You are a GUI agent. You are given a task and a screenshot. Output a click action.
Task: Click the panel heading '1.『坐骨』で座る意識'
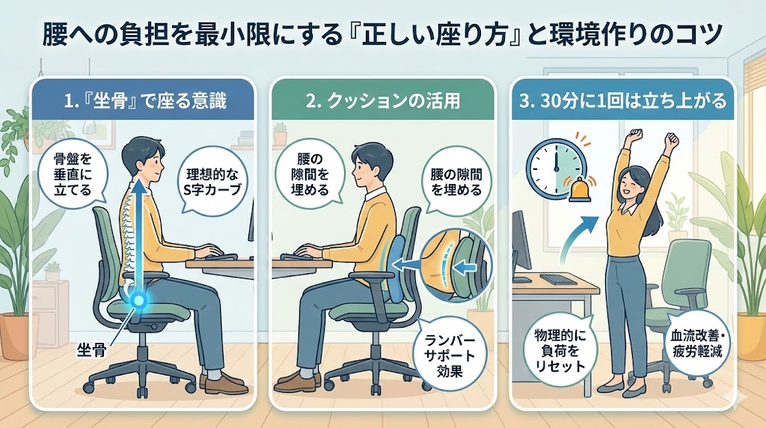point(145,101)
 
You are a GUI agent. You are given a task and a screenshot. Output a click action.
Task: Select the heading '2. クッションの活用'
point(383,101)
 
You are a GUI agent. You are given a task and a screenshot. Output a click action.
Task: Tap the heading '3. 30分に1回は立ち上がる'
point(623,101)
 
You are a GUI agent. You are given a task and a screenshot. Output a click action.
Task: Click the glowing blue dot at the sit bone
point(138,299)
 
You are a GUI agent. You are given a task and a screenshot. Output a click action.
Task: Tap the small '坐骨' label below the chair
point(91,350)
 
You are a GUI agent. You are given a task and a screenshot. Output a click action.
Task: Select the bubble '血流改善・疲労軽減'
point(696,344)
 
